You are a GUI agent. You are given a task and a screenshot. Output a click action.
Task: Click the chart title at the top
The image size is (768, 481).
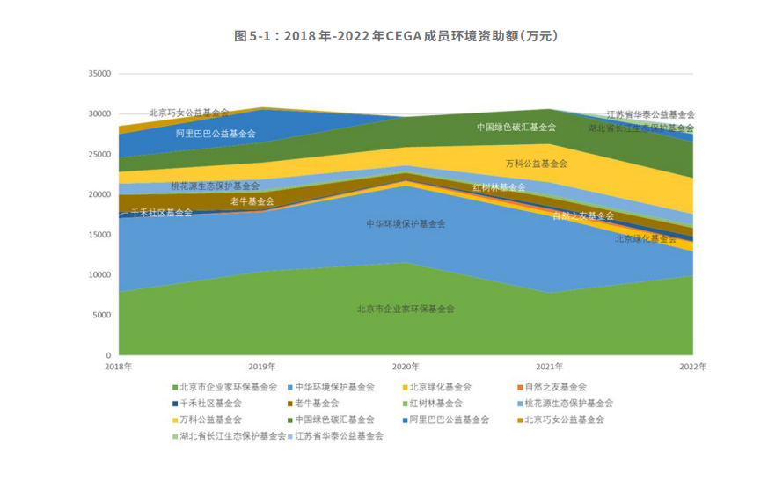tap(384, 36)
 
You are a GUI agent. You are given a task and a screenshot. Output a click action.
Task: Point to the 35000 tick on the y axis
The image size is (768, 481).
tap(98, 74)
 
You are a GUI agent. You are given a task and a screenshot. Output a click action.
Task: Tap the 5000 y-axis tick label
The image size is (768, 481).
tap(101, 315)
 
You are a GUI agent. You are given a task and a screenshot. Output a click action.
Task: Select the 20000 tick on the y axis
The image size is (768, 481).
tap(98, 194)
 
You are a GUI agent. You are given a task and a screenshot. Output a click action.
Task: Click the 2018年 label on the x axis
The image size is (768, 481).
tap(118, 366)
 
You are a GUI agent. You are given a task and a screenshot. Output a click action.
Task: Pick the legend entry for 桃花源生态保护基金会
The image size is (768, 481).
tap(568, 403)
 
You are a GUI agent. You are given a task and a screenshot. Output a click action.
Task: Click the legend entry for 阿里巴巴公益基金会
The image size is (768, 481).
tap(449, 419)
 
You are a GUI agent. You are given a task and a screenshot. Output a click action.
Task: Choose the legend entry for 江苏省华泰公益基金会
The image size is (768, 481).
tap(339, 435)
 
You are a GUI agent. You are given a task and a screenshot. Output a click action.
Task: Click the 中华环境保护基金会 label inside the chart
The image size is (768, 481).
tap(406, 224)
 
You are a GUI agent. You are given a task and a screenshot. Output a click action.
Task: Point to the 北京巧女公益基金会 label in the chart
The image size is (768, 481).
tap(188, 113)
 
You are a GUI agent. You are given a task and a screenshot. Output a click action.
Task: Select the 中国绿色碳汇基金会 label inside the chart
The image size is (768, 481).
tap(516, 127)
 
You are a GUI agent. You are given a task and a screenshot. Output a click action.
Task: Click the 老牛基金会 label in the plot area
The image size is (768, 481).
tap(252, 201)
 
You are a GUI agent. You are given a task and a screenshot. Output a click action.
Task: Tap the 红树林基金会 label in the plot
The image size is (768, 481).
tap(499, 187)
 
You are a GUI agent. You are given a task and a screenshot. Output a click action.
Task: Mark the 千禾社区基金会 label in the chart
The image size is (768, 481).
tap(162, 213)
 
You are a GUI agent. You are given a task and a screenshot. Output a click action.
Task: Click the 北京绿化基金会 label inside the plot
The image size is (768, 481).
tap(646, 238)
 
